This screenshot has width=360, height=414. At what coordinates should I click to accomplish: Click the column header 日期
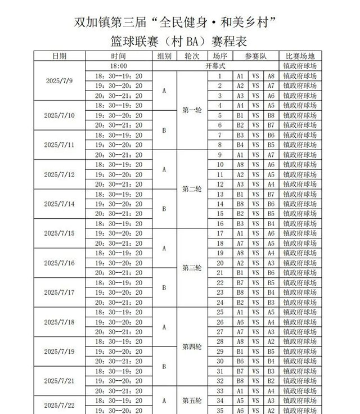(59, 56)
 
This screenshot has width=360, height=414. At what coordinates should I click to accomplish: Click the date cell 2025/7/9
(59, 80)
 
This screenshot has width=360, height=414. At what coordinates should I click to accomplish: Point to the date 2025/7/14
(59, 204)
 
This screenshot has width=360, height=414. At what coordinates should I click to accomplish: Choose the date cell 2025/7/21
(59, 381)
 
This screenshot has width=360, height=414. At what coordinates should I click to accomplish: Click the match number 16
(220, 224)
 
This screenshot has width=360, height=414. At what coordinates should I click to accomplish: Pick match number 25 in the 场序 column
(220, 312)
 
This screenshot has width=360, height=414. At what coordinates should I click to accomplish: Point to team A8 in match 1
(271, 76)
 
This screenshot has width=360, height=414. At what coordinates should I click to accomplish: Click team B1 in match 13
(240, 194)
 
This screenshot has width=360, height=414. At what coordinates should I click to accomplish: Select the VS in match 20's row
(256, 263)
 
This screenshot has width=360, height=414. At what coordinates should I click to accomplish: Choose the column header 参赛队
(256, 56)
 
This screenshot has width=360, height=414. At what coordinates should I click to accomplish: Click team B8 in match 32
(240, 381)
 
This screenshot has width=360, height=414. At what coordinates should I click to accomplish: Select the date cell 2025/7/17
(59, 292)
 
